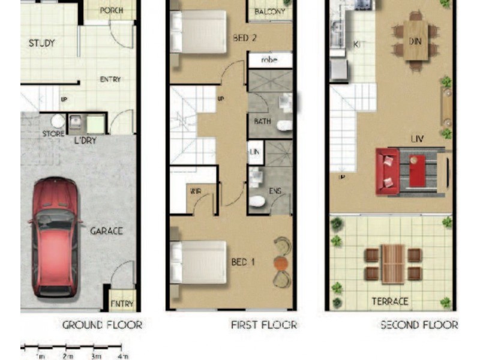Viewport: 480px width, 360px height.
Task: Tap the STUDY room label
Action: (x=42, y=43)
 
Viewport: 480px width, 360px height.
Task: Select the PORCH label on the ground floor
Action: (x=112, y=10)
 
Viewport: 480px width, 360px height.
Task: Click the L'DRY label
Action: (x=85, y=140)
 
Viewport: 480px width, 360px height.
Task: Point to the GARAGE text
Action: (x=106, y=230)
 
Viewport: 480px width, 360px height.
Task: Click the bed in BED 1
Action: (x=198, y=262)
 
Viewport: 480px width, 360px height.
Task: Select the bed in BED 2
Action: (x=198, y=32)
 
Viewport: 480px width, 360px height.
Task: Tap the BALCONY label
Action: (x=269, y=11)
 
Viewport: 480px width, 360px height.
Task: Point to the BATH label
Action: (x=262, y=121)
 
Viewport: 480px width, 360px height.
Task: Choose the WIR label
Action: (x=195, y=192)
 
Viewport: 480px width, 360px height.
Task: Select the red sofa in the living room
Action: (x=388, y=171)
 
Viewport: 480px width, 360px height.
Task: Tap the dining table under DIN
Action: (x=415, y=40)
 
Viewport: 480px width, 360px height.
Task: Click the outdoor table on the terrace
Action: (x=393, y=264)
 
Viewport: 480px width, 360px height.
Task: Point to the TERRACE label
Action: (x=390, y=301)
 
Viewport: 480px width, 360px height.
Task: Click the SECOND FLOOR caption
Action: (x=419, y=325)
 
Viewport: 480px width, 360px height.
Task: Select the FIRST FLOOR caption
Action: (x=264, y=325)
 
